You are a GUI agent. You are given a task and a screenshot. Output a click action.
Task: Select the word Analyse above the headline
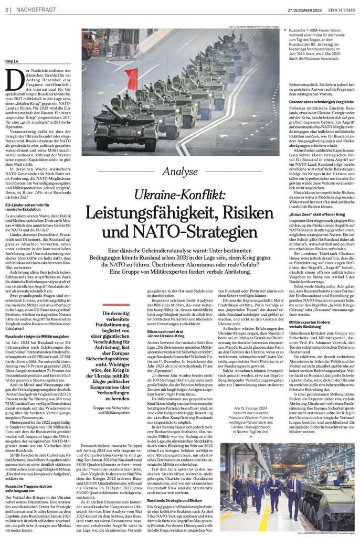[x=180, y=171]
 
